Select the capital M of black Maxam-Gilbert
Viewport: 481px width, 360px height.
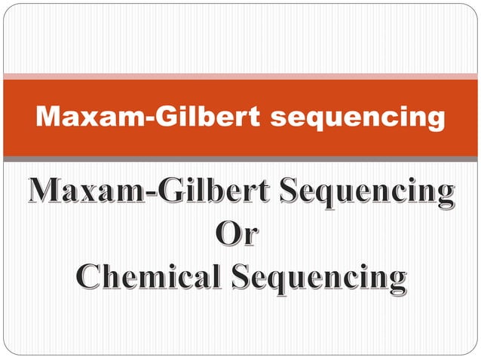coord(44,192)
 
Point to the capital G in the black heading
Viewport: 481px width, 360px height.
coord(170,192)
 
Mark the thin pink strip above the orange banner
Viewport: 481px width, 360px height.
coord(240,76)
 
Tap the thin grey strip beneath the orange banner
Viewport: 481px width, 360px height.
coord(240,159)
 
